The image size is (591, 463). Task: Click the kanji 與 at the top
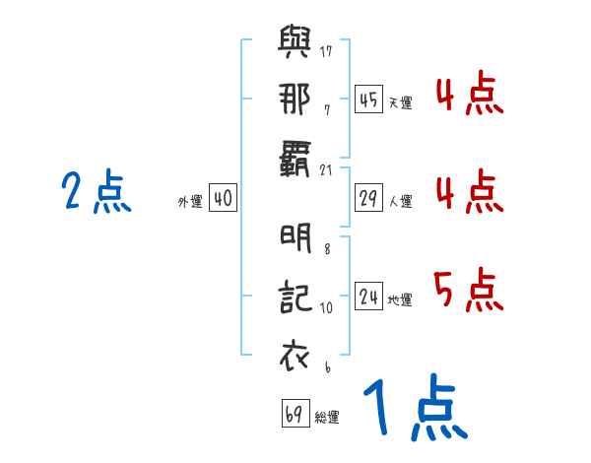296,44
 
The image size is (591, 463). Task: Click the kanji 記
296,296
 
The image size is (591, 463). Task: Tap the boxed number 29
368,197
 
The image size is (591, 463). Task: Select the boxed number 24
368,296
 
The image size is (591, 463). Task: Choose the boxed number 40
223,198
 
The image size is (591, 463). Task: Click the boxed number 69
295,414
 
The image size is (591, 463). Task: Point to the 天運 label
400,102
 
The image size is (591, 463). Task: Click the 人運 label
400,202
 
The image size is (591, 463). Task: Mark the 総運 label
327,418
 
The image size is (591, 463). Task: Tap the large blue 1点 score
413,410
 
